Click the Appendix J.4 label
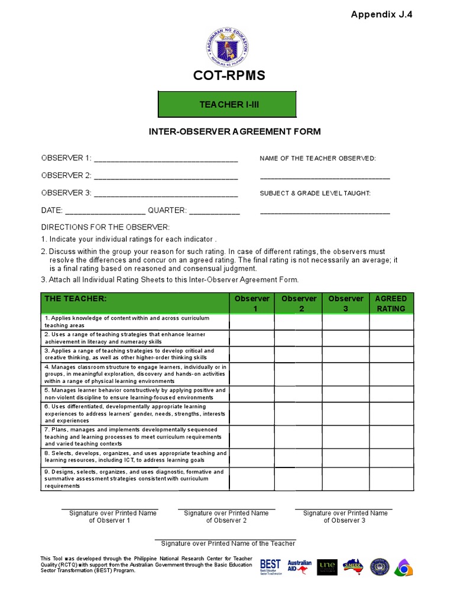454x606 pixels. pyautogui.click(x=382, y=15)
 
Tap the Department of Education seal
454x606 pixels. pyautogui.click(x=227, y=47)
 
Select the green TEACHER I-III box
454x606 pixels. pyautogui.click(x=227, y=104)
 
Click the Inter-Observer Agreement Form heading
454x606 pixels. pyautogui.click(x=227, y=131)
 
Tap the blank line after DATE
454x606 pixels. pyautogui.click(x=105, y=212)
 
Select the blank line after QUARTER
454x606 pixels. pyautogui.click(x=215, y=212)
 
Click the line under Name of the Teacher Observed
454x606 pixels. pyautogui.click(x=325, y=177)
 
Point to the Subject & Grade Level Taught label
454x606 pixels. pyautogui.click(x=315, y=194)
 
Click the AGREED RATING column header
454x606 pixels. pyautogui.click(x=391, y=303)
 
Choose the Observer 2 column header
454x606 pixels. pyautogui.click(x=299, y=303)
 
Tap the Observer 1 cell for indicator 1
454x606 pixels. pyautogui.click(x=252, y=322)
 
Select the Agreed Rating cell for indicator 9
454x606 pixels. pyautogui.click(x=391, y=479)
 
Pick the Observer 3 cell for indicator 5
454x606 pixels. pyautogui.click(x=346, y=394)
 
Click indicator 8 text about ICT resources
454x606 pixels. pyautogui.click(x=135, y=457)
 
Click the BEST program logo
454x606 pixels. pyautogui.click(x=270, y=566)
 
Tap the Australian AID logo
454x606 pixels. pyautogui.click(x=299, y=566)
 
